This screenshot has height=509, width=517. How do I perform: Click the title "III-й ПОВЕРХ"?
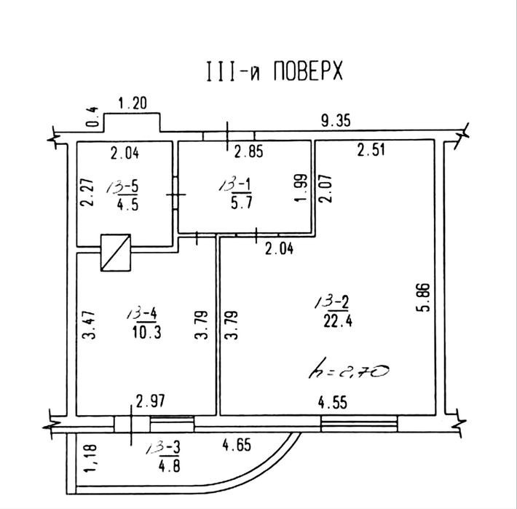[x=271, y=73]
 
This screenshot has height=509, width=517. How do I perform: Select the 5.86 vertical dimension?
[x=427, y=299]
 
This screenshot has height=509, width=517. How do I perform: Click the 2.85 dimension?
[x=248, y=153]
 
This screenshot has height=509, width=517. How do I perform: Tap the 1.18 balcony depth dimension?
[x=90, y=458]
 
